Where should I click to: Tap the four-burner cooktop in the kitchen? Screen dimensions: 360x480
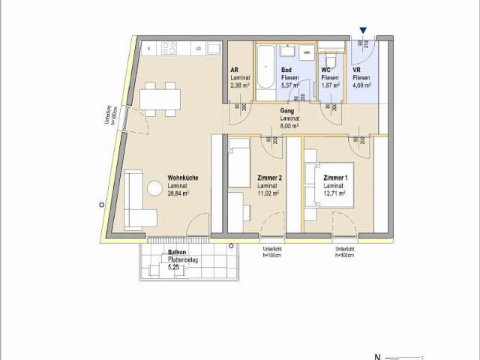pyautogui.click(x=169, y=48)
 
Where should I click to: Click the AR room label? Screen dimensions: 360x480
pyautogui.click(x=234, y=70)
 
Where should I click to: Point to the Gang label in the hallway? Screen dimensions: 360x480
pyautogui.click(x=286, y=111)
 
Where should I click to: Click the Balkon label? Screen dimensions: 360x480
pyautogui.click(x=177, y=252)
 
